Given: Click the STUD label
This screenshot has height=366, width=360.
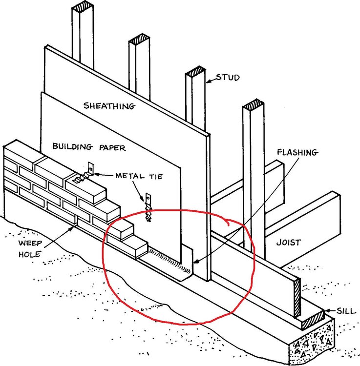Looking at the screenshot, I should [x=228, y=78].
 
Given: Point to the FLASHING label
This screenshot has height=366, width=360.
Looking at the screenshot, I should [x=297, y=152].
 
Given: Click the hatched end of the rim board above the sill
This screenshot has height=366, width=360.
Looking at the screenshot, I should [x=297, y=297].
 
